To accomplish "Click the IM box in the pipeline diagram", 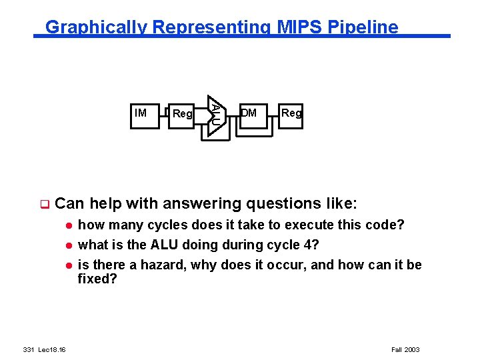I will (141, 113).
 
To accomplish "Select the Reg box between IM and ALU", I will (182, 114).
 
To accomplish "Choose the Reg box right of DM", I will (291, 113).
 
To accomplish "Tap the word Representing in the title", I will (211, 27).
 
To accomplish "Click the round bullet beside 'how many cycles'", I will (67, 225).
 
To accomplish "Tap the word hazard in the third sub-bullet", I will (164, 265).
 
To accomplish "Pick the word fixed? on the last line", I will (97, 279).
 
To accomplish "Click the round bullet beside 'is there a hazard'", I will (67, 265).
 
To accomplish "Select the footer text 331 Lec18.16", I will (48, 349).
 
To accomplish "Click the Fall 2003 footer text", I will (405, 349).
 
